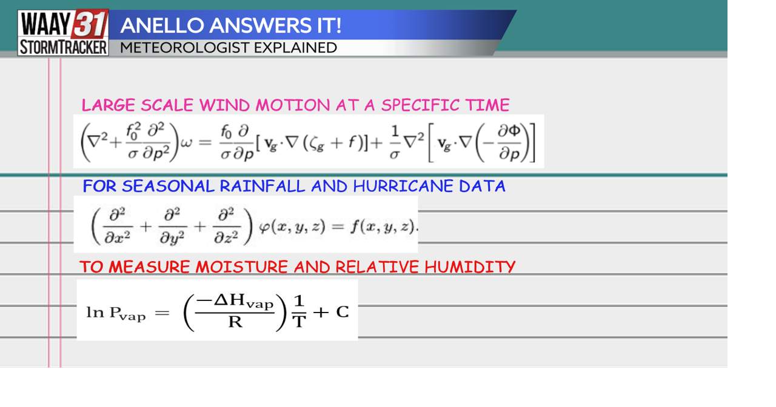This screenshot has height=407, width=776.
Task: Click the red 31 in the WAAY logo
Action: tap(91, 24)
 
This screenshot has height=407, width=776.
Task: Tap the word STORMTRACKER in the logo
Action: tap(63, 47)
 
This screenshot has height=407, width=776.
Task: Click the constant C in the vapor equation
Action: tap(343, 312)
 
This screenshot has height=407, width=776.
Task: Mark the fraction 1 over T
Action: tap(299, 312)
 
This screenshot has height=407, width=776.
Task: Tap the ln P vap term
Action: tap(116, 313)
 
